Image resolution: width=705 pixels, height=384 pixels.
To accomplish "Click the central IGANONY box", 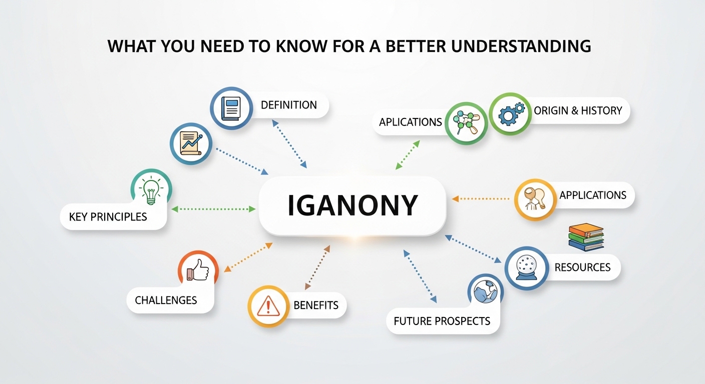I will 352,205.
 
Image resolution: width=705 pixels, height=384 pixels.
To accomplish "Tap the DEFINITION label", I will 289,105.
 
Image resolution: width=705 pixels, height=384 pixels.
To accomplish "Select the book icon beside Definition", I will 231,107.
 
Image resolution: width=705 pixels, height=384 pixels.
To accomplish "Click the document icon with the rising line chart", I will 191,144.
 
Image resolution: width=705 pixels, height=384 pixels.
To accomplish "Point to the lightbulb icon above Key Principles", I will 151,190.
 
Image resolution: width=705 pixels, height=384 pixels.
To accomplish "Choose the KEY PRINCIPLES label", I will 108,216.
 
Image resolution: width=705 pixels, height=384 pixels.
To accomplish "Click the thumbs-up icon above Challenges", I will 198,271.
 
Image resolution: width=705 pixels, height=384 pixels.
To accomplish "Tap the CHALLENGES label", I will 166,300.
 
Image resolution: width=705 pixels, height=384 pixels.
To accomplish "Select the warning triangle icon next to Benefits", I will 268,306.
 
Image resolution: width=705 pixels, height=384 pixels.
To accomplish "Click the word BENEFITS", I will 316,305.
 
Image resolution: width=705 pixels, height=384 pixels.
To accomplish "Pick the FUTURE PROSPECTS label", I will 442,320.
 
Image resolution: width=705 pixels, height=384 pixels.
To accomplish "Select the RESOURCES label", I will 582,267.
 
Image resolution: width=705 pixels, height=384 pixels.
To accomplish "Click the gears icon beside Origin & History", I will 510,113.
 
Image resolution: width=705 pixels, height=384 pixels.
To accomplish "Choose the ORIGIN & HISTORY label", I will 578,110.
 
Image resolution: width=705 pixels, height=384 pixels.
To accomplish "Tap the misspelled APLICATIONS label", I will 411,122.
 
